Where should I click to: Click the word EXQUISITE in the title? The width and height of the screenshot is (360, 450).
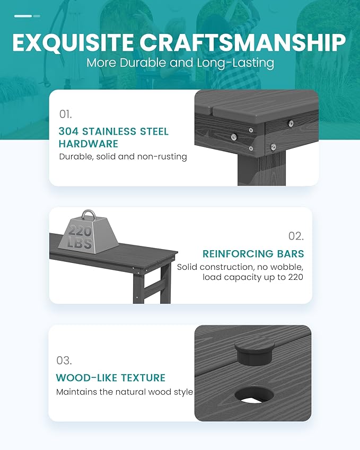(x=73, y=43)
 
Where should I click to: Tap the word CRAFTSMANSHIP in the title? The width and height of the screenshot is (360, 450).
(x=243, y=43)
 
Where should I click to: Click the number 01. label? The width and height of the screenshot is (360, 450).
(x=65, y=114)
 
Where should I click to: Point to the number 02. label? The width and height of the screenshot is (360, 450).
(x=296, y=236)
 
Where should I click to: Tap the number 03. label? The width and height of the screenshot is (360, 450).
(x=64, y=360)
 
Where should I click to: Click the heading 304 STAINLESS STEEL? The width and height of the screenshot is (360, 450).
(x=113, y=131)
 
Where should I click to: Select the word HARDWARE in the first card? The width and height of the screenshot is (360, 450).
(x=89, y=144)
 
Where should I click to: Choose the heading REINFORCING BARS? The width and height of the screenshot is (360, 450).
(x=253, y=254)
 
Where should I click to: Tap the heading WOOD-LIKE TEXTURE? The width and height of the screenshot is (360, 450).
(x=111, y=378)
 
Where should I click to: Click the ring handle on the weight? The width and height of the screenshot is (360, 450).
(x=89, y=215)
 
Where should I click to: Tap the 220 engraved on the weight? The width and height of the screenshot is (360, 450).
(x=80, y=231)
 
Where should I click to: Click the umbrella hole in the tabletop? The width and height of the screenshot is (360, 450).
(x=254, y=394)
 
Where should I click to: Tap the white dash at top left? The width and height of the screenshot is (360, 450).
(x=23, y=16)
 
